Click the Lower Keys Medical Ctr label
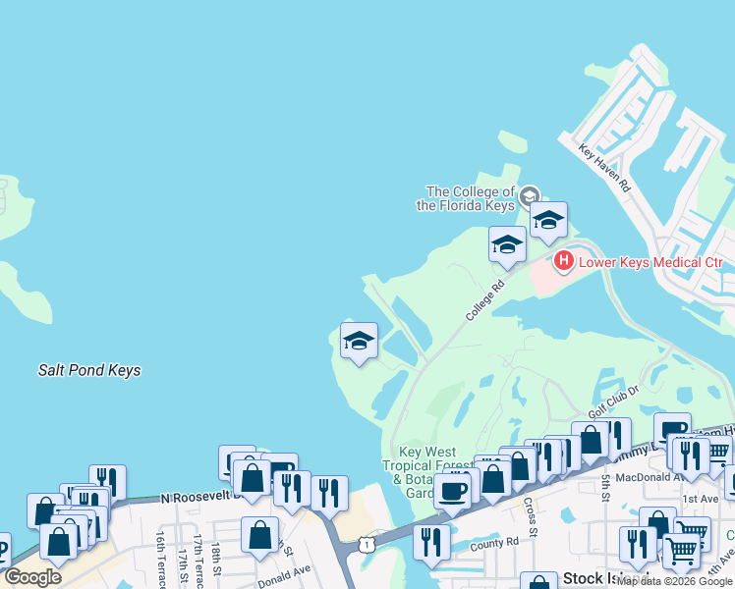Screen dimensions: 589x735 (650, 262)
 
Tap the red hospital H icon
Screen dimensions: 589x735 (564, 261)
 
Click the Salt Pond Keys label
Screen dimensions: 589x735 (89, 370)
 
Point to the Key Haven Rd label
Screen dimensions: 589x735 (603, 168)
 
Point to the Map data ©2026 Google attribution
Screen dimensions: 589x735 (674, 581)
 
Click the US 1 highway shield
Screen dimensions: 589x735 (366, 543)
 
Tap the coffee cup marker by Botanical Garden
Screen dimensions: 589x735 (453, 490)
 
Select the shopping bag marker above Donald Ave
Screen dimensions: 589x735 (260, 535)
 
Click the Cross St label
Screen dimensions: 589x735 (530, 511)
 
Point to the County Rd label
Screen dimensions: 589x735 (494, 542)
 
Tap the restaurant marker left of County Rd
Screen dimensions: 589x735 (431, 542)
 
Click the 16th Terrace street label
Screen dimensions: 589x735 (161, 555)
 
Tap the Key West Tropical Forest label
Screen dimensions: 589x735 (422, 465)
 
